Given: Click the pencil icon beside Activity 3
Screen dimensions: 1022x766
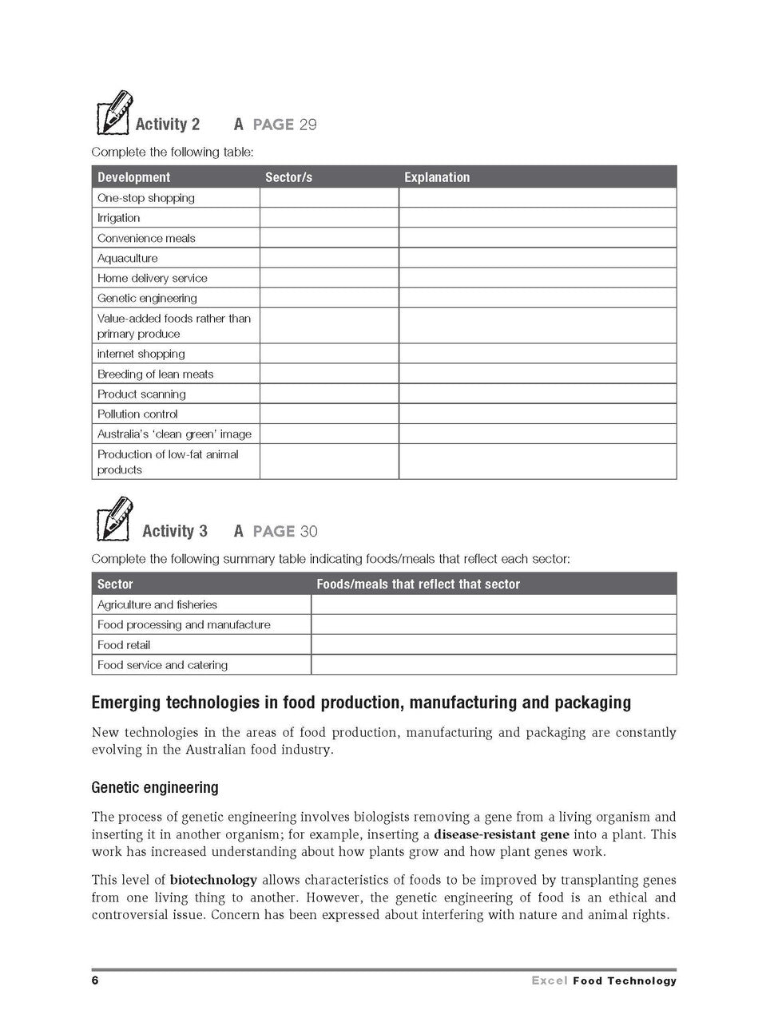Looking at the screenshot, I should coord(113,519).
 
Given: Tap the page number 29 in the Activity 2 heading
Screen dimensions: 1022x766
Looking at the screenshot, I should coord(308,125).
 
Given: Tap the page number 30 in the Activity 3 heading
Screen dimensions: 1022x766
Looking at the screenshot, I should coord(308,532).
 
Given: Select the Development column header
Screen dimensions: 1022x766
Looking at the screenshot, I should coord(133,177).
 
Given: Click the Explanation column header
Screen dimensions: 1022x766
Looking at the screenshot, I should coord(437,177).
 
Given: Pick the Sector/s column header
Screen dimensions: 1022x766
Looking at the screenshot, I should coord(288,177).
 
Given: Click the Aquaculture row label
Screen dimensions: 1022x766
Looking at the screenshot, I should coord(128,258).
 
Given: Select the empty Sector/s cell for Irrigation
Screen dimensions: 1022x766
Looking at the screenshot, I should coord(328,218).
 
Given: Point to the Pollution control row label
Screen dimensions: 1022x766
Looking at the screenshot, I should coord(137,414).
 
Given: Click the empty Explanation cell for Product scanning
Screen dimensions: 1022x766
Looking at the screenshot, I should coord(537,394).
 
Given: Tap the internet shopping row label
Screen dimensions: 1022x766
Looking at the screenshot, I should coord(141,354).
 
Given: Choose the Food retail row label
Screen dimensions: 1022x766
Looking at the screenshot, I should coord(124,644).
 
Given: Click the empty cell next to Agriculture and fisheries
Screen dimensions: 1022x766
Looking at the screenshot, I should coord(493,604).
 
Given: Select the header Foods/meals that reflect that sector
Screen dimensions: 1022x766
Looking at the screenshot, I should coord(418,584).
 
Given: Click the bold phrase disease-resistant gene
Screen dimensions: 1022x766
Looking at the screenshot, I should coord(501,834).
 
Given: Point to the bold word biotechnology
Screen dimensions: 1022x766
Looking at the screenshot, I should coord(213,880).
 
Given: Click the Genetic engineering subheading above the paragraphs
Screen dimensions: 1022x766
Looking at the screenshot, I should coord(155,787).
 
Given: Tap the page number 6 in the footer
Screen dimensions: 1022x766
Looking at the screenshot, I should coord(95,980).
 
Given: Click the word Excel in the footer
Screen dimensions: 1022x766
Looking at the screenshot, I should coord(549,981).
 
